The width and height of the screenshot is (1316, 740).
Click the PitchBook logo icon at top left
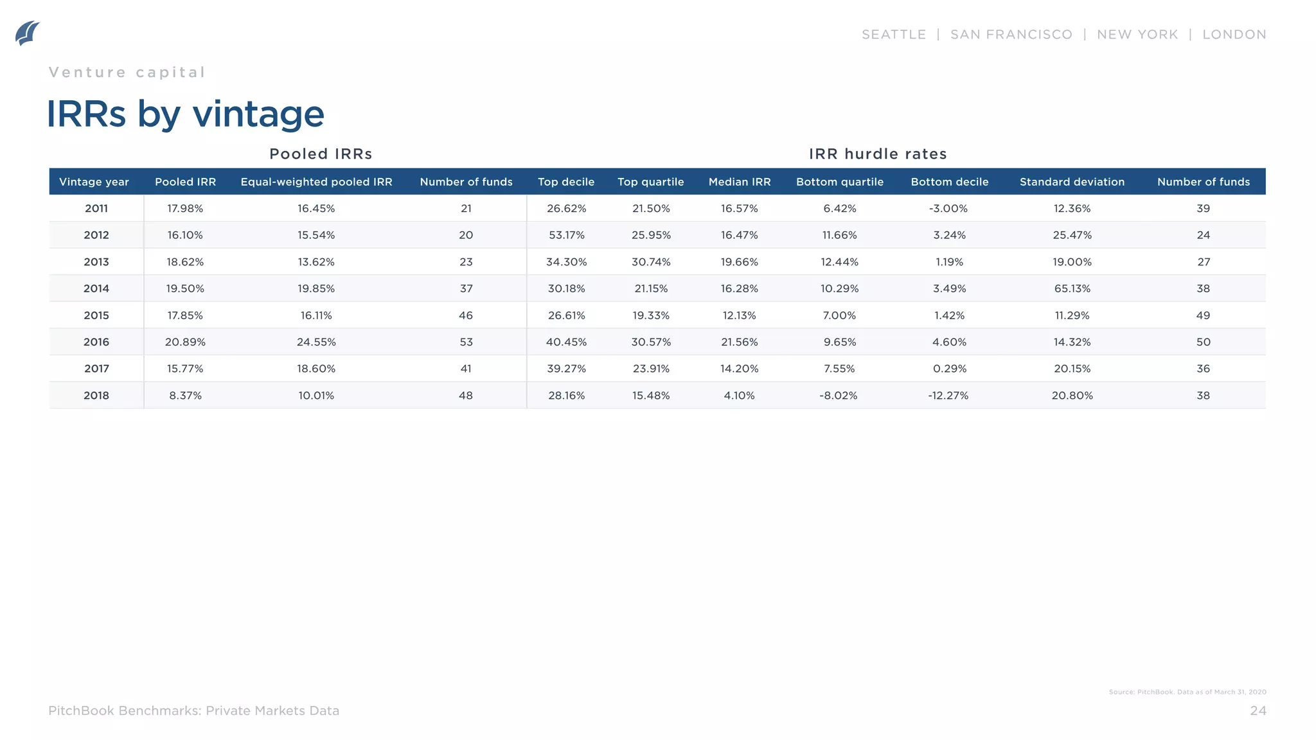coord(27,33)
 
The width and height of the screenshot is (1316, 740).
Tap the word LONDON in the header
coord(1234,35)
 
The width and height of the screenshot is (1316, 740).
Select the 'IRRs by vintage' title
coord(185,114)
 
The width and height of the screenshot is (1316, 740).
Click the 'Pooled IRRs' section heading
coord(321,154)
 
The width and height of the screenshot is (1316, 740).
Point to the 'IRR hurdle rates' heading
coord(877,154)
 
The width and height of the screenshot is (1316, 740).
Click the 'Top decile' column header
coord(565,182)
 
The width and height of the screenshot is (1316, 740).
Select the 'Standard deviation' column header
coord(1072,182)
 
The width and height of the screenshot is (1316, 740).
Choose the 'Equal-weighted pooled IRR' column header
coord(316,182)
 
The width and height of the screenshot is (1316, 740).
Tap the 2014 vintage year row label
coord(96,288)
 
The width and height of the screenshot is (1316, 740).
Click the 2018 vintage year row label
coord(96,396)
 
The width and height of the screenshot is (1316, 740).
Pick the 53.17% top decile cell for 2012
coord(566,235)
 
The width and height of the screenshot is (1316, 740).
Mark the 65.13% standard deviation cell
coord(1072,288)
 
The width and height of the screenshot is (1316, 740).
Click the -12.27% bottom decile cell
coord(948,396)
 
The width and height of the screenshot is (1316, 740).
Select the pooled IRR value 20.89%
coord(185,342)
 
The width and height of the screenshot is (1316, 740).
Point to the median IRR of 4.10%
coord(739,396)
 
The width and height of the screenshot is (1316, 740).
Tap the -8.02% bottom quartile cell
coord(838,396)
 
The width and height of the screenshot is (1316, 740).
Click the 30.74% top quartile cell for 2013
coord(651,262)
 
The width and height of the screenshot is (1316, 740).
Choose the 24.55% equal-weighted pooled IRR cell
coord(316,342)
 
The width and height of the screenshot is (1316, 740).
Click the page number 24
coord(1258,710)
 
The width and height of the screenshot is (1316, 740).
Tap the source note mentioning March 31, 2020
coord(1187,692)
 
